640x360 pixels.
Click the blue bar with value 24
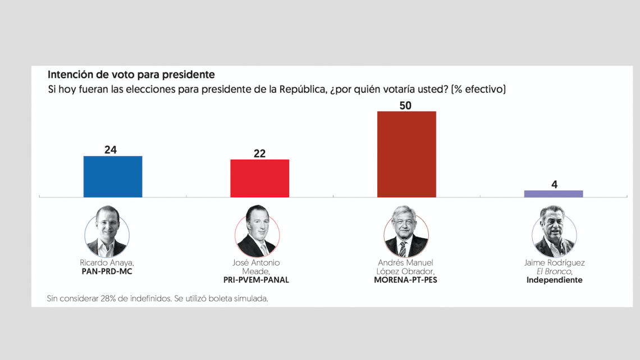point(113,176)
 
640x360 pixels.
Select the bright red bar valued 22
point(259,178)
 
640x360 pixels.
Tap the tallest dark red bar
point(406,154)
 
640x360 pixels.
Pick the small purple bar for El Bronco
point(554,194)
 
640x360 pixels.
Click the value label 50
point(406,106)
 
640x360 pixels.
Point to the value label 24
point(111,150)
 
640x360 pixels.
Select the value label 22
point(259,153)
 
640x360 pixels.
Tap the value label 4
point(554,184)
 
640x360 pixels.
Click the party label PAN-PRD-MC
point(107,271)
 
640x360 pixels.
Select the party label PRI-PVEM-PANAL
point(256,280)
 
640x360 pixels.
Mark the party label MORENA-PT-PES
point(405,280)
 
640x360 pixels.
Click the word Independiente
point(554,280)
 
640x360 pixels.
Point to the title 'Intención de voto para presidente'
point(131,75)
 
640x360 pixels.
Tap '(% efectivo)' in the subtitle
point(478,89)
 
